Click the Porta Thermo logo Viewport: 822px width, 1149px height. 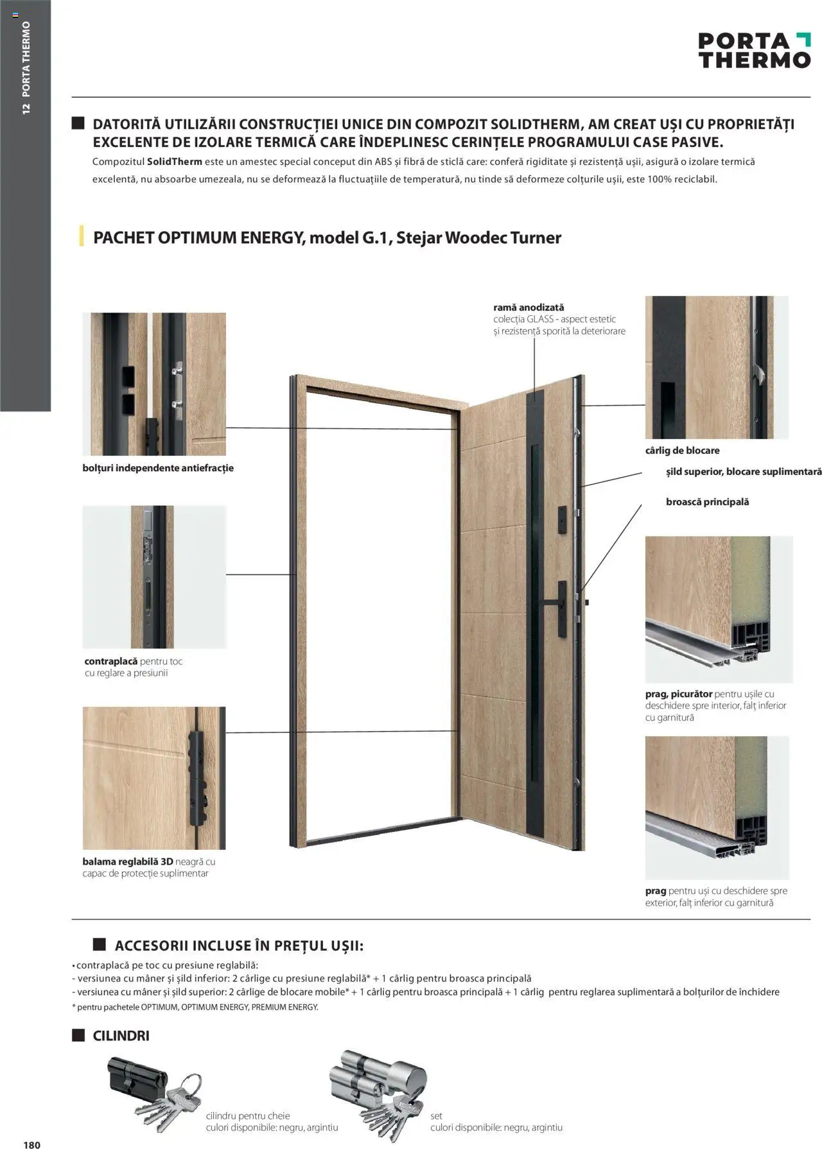coord(754,51)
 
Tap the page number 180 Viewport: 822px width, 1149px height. coord(31,1140)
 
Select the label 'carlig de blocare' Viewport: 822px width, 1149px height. coord(682,451)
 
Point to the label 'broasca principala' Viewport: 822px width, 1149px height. coord(707,502)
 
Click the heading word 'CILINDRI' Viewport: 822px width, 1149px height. coord(121,1036)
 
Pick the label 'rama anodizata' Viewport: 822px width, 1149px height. coord(529,307)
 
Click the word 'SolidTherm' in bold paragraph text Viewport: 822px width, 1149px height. coord(175,162)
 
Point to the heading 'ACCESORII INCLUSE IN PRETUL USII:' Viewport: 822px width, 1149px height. coord(239,946)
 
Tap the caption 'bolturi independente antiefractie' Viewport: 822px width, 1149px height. coord(158,468)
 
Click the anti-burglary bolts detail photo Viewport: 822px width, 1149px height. coord(154,384)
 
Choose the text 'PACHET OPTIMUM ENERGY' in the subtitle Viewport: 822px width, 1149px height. coord(198,238)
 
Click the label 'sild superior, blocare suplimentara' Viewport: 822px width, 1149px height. coord(743,472)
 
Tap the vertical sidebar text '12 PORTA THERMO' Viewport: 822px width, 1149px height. coord(26,67)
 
